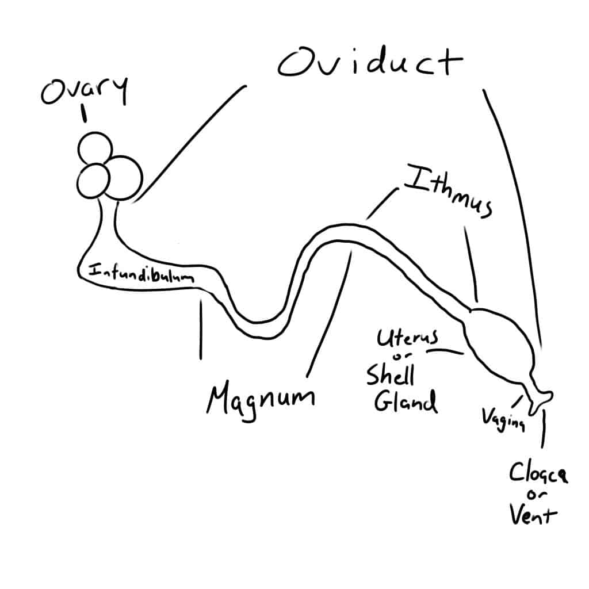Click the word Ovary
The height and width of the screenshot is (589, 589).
click(x=84, y=93)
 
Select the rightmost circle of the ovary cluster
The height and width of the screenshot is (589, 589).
click(x=124, y=177)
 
